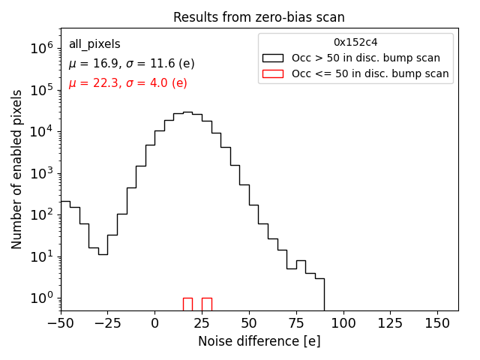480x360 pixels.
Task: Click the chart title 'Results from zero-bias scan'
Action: click(x=259, y=17)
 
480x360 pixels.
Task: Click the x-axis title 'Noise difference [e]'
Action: click(x=259, y=341)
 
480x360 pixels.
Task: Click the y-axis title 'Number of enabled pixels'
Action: click(x=17, y=174)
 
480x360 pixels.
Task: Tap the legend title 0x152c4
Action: click(x=355, y=43)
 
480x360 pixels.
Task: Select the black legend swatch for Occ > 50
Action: click(x=274, y=58)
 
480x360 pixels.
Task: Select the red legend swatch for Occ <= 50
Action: click(x=274, y=73)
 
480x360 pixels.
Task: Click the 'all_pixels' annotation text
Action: click(x=94, y=44)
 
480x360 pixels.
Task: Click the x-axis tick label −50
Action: click(x=61, y=324)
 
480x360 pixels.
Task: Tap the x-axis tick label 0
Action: click(x=154, y=324)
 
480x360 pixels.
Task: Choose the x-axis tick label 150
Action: click(x=438, y=324)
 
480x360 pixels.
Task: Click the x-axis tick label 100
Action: click(x=343, y=324)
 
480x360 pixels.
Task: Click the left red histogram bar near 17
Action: click(x=187, y=304)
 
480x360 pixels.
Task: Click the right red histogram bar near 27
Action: click(x=206, y=304)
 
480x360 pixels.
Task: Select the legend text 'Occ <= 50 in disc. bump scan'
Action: click(x=370, y=73)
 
